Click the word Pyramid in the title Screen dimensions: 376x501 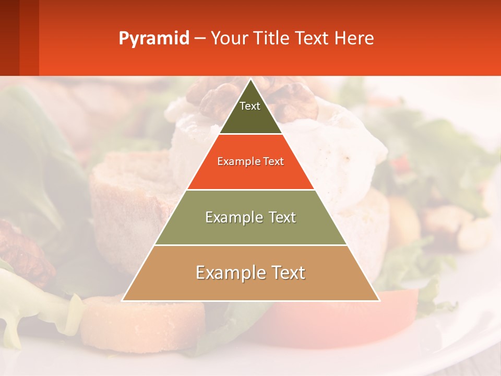coord(153,39)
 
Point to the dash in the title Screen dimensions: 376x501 coord(200,39)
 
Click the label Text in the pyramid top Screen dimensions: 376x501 coord(250,106)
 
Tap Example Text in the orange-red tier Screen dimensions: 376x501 coord(250,161)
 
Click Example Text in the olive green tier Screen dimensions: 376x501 coord(250,217)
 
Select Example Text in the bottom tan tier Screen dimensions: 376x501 coord(250,273)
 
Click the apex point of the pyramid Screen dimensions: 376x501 coord(251,80)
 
